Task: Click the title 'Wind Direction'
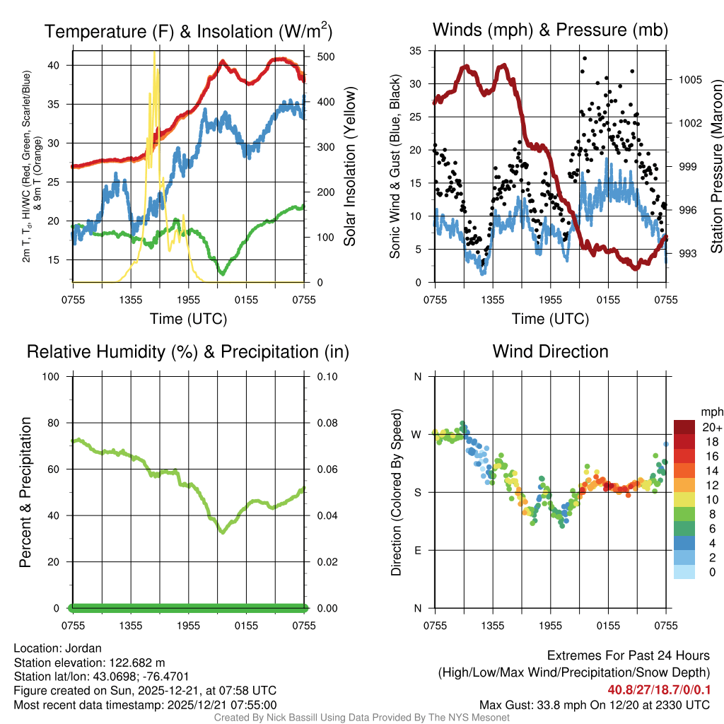(550, 351)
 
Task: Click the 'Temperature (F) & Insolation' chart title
(188, 31)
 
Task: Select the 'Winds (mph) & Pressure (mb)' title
(550, 30)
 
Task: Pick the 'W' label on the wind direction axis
(417, 434)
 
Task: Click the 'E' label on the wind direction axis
(417, 550)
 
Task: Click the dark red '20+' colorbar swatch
(684, 427)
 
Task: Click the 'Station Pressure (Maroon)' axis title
(716, 167)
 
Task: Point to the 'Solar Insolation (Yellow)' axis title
(350, 167)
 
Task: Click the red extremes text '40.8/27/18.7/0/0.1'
(658, 689)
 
